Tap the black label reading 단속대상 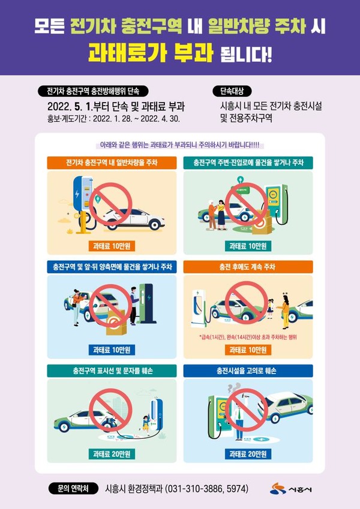point(231,92)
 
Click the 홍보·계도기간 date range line point(113,119)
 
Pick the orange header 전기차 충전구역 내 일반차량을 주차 point(112,162)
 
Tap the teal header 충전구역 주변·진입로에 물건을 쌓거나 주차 point(248,162)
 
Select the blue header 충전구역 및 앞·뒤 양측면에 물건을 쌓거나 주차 point(112,266)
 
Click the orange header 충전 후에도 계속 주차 point(248,266)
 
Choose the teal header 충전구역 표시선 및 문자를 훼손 point(112,371)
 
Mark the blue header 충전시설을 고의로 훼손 point(248,371)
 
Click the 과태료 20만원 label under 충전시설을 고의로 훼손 point(248,454)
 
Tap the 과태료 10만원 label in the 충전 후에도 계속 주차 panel point(248,350)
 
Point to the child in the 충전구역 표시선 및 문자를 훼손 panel point(144,423)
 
